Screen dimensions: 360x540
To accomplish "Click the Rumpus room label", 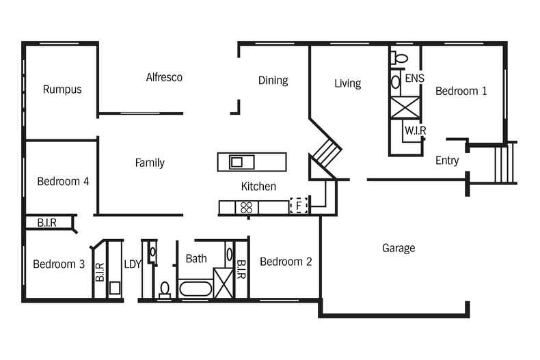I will pyautogui.click(x=62, y=89).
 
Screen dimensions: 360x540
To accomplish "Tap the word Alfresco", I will pyautogui.click(x=164, y=77).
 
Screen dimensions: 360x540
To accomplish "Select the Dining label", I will pyautogui.click(x=273, y=81).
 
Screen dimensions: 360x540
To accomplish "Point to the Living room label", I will pyautogui.click(x=347, y=83).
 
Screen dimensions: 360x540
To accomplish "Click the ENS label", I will pyautogui.click(x=414, y=79).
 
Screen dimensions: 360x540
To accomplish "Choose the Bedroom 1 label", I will pyautogui.click(x=461, y=91).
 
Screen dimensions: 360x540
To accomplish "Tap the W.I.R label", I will pyautogui.click(x=415, y=130).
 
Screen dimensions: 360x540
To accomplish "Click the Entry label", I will pyautogui.click(x=447, y=161).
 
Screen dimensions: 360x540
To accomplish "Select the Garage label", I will pyautogui.click(x=398, y=248).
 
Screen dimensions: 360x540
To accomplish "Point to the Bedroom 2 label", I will pyautogui.click(x=286, y=262).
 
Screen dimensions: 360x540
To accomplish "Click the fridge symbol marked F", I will pyautogui.click(x=298, y=205).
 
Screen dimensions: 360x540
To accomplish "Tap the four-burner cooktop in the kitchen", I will pyautogui.click(x=247, y=207).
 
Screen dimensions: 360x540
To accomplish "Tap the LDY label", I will pyautogui.click(x=132, y=264).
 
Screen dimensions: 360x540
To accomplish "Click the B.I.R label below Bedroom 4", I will pyautogui.click(x=42, y=223).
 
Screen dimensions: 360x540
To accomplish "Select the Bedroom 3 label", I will pyautogui.click(x=59, y=264).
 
